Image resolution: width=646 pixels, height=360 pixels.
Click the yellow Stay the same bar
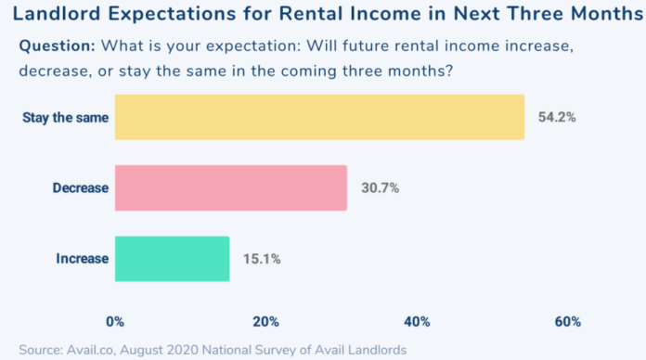(x=319, y=117)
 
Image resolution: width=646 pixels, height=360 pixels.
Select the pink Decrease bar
(x=230, y=187)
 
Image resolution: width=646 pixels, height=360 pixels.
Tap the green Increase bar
(x=172, y=258)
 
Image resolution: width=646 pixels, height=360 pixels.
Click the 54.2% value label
(x=557, y=117)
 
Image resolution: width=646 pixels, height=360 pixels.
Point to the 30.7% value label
(x=380, y=187)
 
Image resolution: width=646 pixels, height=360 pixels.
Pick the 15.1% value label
(x=262, y=258)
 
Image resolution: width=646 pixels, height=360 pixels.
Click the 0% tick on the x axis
(x=115, y=321)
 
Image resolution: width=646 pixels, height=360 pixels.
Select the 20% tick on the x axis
(x=266, y=321)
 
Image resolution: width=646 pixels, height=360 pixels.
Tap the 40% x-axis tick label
(x=417, y=321)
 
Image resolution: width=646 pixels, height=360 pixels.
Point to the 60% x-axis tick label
(x=568, y=321)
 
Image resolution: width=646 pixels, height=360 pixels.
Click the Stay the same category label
(x=65, y=118)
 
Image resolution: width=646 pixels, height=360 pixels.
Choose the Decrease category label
(x=81, y=188)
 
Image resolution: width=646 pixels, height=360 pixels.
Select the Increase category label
(x=84, y=259)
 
